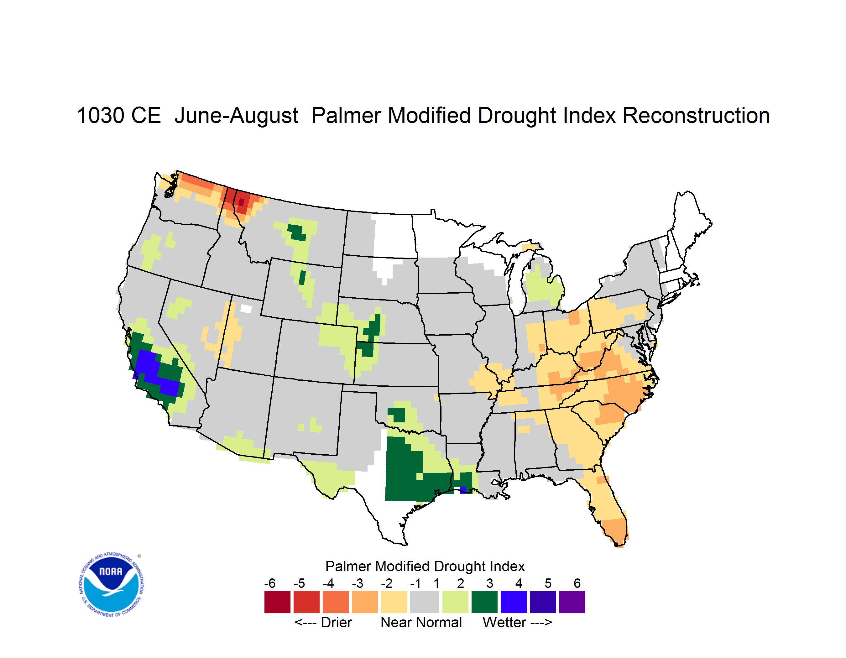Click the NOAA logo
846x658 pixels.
click(x=112, y=585)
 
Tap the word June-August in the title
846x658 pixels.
click(x=236, y=115)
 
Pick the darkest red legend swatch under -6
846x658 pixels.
click(x=277, y=602)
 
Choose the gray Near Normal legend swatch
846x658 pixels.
click(x=425, y=602)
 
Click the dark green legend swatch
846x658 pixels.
click(x=484, y=602)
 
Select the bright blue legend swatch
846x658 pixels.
click(x=514, y=602)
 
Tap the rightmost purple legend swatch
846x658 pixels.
click(x=572, y=602)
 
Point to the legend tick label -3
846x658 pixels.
click(x=358, y=583)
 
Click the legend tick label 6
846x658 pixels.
click(x=577, y=583)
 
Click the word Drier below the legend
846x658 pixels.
click(x=336, y=622)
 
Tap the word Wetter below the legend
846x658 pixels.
click(x=504, y=622)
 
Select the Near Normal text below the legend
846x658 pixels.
click(x=421, y=622)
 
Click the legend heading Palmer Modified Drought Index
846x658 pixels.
click(x=425, y=566)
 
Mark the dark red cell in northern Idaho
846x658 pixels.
click(x=241, y=202)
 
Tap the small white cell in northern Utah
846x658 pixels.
click(x=246, y=309)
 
